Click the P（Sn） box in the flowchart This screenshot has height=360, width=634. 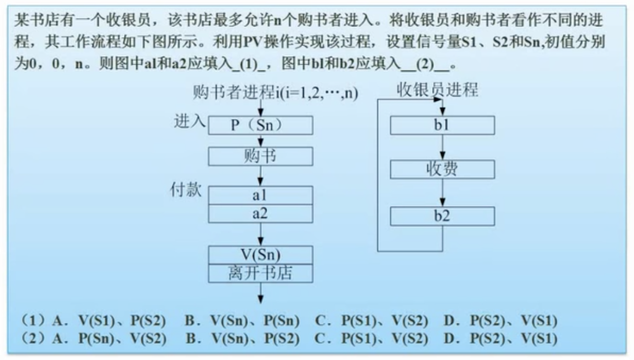(260, 125)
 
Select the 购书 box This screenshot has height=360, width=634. (260, 156)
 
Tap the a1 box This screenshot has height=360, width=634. (260, 195)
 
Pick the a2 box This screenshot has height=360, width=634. (260, 213)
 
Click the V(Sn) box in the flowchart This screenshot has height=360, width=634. (260, 255)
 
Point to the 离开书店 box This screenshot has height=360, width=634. (260, 273)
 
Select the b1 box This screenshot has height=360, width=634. (442, 125)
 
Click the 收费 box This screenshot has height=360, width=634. (442, 169)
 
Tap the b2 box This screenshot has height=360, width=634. (442, 216)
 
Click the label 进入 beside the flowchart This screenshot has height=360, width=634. (190, 121)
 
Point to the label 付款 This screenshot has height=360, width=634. (185, 190)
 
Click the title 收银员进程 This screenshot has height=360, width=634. (437, 90)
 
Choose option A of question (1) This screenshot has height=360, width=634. (109, 321)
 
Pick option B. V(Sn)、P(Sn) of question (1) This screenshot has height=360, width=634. (242, 321)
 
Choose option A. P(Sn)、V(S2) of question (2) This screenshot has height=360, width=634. (109, 338)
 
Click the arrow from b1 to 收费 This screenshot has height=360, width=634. (443, 147)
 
